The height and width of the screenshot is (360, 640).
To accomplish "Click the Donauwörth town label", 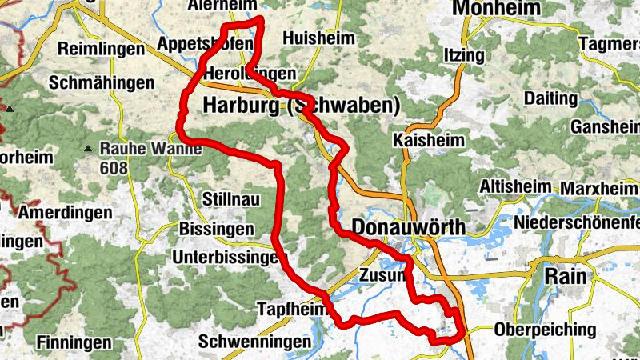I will click(x=408, y=228).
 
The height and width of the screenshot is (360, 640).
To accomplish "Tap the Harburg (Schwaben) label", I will click(x=301, y=106).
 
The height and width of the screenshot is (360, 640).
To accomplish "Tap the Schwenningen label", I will click(x=254, y=342).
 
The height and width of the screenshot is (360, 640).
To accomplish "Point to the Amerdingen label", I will click(x=63, y=214).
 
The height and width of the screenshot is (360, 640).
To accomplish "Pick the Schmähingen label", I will click(x=101, y=82).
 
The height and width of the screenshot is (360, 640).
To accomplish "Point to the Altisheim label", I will click(x=515, y=186).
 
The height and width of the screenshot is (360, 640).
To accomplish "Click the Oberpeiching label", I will click(x=545, y=330).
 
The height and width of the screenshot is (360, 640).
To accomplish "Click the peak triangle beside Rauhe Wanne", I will click(x=87, y=149).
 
